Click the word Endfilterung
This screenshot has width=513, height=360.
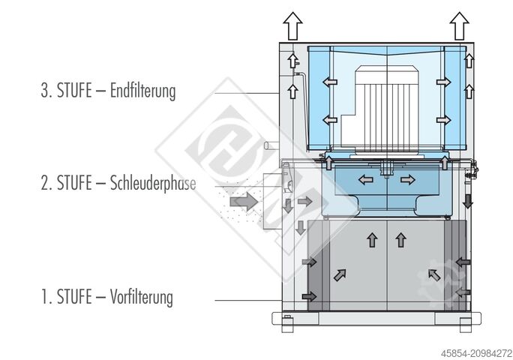142,92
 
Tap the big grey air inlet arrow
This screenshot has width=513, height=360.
244,201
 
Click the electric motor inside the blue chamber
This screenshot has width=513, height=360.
383,105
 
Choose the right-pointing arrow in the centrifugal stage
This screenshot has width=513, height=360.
407,180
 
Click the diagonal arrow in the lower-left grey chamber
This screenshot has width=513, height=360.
340,275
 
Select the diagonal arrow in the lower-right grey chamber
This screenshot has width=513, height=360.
433,275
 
